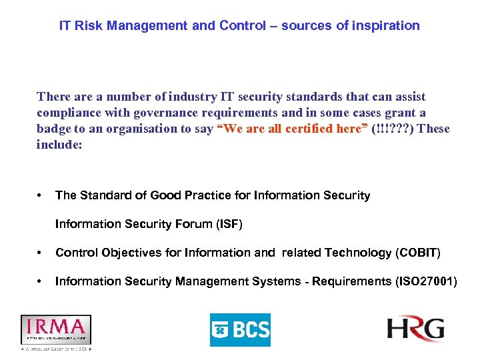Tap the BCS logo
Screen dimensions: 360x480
click(x=240, y=329)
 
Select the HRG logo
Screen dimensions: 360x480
click(x=415, y=328)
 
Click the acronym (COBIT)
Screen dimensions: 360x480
click(x=418, y=253)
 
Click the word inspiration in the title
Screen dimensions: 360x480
click(x=387, y=26)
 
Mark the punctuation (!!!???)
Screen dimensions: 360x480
click(x=391, y=129)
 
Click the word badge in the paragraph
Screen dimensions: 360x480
click(x=53, y=129)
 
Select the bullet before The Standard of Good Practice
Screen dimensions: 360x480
click(x=41, y=195)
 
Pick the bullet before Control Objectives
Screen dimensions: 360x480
click(x=41, y=253)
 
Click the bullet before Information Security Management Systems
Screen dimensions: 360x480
click(x=41, y=281)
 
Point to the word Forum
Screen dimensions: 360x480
click(x=193, y=224)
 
